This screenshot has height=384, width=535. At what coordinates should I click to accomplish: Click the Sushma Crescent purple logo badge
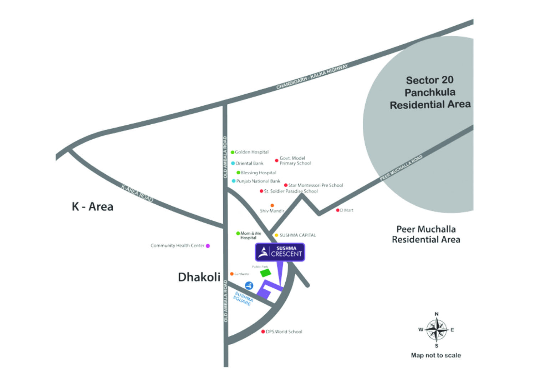click(280, 252)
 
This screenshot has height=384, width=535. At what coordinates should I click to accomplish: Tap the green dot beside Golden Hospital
click(233, 152)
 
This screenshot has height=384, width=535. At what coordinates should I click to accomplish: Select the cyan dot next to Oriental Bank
click(233, 163)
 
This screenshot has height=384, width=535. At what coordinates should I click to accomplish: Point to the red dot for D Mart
click(338, 210)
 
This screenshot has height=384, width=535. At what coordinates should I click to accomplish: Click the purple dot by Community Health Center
click(208, 246)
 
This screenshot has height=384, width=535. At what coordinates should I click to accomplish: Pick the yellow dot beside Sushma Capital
click(276, 235)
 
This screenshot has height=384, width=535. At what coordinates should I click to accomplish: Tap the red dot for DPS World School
click(263, 332)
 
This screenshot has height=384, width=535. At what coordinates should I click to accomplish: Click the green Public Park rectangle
click(266, 273)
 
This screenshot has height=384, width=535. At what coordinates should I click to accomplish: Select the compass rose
click(437, 330)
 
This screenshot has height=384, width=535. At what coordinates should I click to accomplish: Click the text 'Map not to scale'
click(436, 355)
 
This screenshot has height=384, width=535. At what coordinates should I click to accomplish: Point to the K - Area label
click(93, 206)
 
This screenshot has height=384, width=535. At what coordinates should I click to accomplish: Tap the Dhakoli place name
click(199, 277)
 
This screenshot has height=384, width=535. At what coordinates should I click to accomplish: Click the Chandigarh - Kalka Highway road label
click(312, 76)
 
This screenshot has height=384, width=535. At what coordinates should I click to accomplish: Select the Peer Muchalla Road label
click(401, 168)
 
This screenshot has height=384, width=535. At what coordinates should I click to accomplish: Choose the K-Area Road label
click(137, 193)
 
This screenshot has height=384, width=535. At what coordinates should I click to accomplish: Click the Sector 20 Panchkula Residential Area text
click(430, 92)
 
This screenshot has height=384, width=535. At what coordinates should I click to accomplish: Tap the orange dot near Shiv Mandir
click(272, 205)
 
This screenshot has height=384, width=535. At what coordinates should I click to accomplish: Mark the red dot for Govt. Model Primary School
click(276, 161)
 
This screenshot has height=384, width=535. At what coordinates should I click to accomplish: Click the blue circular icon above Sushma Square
click(249, 285)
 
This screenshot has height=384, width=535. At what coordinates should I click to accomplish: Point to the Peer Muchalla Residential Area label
click(426, 234)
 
